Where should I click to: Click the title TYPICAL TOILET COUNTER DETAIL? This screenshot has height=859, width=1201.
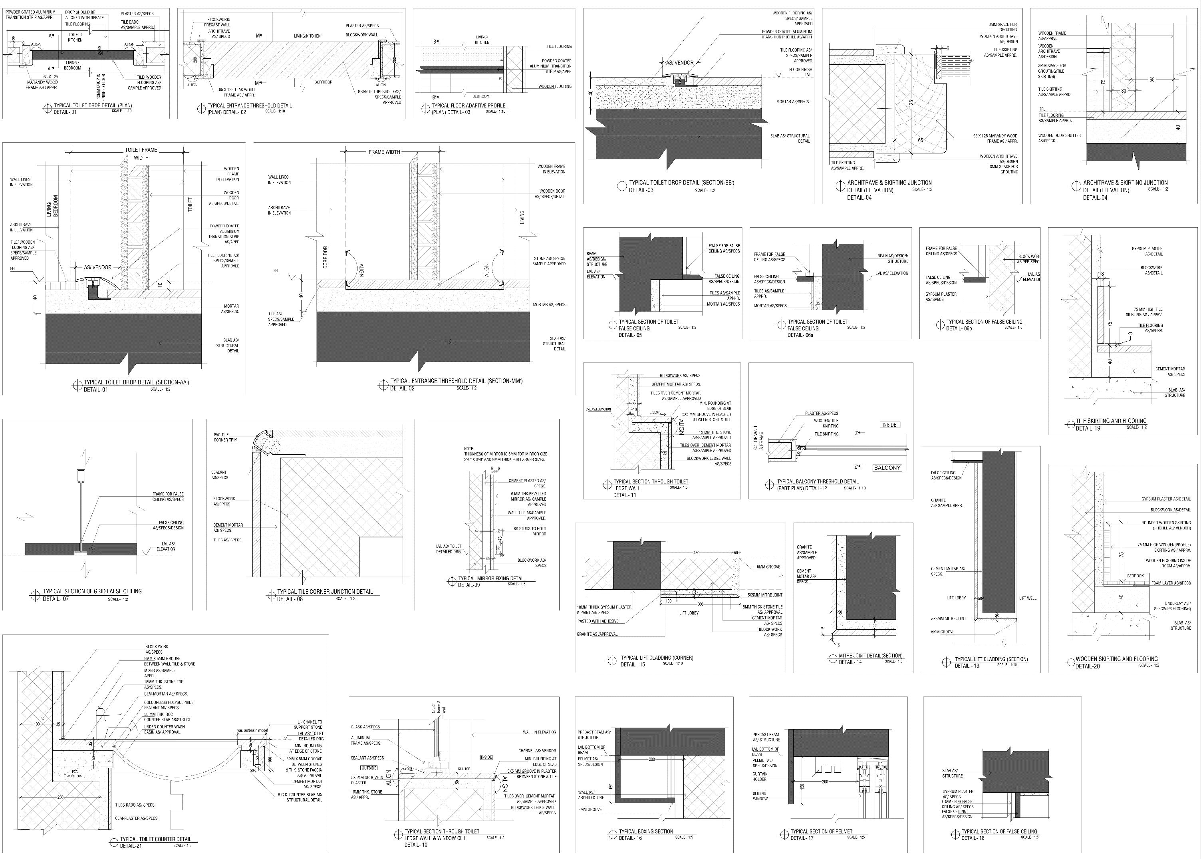[x=155, y=839]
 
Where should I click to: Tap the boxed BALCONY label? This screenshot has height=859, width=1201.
[x=887, y=467]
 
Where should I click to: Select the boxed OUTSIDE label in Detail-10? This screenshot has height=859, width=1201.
[x=369, y=768]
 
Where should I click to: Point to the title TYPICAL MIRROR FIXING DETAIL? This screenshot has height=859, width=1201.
[x=491, y=578]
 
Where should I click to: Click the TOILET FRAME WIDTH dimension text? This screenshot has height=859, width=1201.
[x=141, y=154]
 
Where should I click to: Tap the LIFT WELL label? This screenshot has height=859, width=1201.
[x=1028, y=598]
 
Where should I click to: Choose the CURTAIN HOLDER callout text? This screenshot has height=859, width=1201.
[x=760, y=776]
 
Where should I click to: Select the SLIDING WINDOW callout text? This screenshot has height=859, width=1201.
[x=760, y=796]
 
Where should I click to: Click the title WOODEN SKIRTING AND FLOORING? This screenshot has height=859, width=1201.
[x=1116, y=659]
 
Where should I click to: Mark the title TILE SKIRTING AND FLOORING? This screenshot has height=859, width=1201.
[x=1111, y=421]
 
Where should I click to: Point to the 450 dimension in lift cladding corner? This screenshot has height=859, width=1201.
[x=697, y=553]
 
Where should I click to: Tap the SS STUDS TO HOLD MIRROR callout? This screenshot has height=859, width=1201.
[x=530, y=531]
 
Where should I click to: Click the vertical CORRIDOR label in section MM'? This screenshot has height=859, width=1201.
[x=326, y=257]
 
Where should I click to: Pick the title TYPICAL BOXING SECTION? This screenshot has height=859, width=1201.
[x=646, y=831]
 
